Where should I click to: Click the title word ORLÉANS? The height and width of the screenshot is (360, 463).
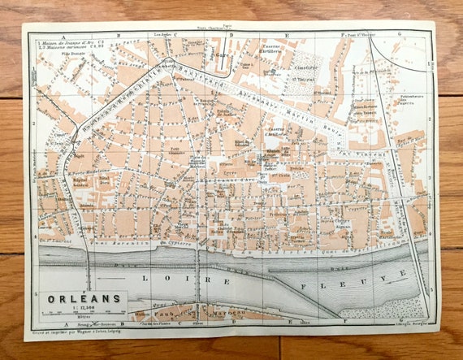point(75,297)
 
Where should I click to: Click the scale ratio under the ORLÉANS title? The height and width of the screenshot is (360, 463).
point(75,307)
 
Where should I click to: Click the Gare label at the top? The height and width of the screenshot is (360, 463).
point(223,57)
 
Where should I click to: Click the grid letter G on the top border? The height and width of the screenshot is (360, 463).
point(400,36)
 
